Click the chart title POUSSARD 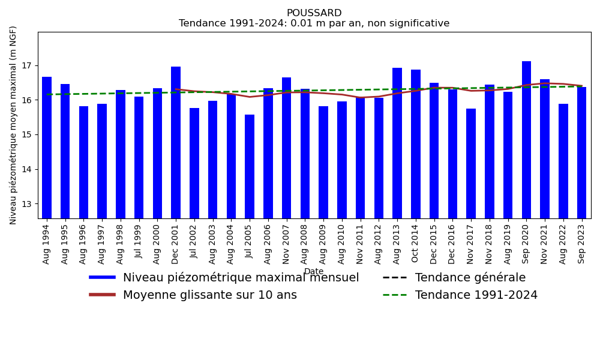coord(314,13)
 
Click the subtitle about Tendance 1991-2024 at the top coord(314,24)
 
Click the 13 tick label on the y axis coord(28,204)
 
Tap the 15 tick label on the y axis coord(28,135)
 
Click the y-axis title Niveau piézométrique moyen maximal coord(14,125)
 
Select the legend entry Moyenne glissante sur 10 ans coord(209,295)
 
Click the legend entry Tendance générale coord(470,278)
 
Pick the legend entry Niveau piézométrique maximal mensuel coord(241,278)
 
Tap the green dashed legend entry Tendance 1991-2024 coord(476,295)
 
